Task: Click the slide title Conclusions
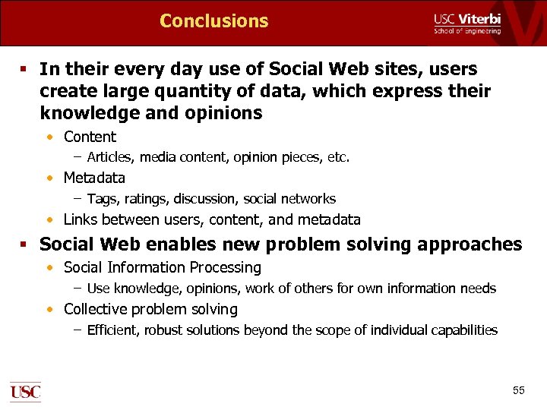[213, 20]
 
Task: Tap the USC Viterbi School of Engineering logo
[466, 24]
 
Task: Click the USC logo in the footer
[25, 392]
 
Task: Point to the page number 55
[518, 390]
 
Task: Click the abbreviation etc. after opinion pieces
[337, 158]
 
